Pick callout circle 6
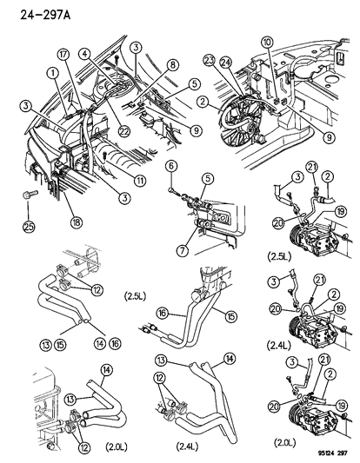171,166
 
